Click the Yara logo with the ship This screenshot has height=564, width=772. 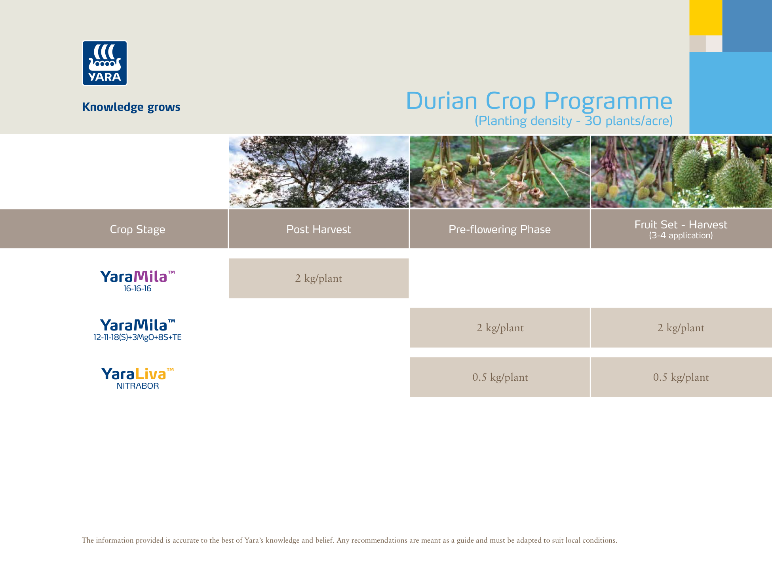105,63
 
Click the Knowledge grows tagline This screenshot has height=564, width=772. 131,107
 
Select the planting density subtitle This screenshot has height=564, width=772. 573,121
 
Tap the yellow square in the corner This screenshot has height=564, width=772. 705,17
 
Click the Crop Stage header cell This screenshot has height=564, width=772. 137,229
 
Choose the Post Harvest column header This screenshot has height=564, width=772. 318,229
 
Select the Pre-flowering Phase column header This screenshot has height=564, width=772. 499,229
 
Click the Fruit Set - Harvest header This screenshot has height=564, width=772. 681,224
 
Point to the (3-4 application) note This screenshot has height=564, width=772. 681,235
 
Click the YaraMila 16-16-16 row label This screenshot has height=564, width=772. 137,281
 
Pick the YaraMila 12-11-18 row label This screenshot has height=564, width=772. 137,329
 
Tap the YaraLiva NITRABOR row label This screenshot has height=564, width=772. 137,378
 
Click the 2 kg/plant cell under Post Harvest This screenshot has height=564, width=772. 318,278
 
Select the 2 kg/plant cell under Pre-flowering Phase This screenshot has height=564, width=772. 500,328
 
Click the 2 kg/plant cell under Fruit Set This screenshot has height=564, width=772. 681,328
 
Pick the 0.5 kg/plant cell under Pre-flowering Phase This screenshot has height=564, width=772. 500,377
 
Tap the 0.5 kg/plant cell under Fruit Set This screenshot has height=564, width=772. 681,377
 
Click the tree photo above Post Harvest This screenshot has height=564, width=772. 318,171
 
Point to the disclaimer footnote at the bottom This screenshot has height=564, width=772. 349,540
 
